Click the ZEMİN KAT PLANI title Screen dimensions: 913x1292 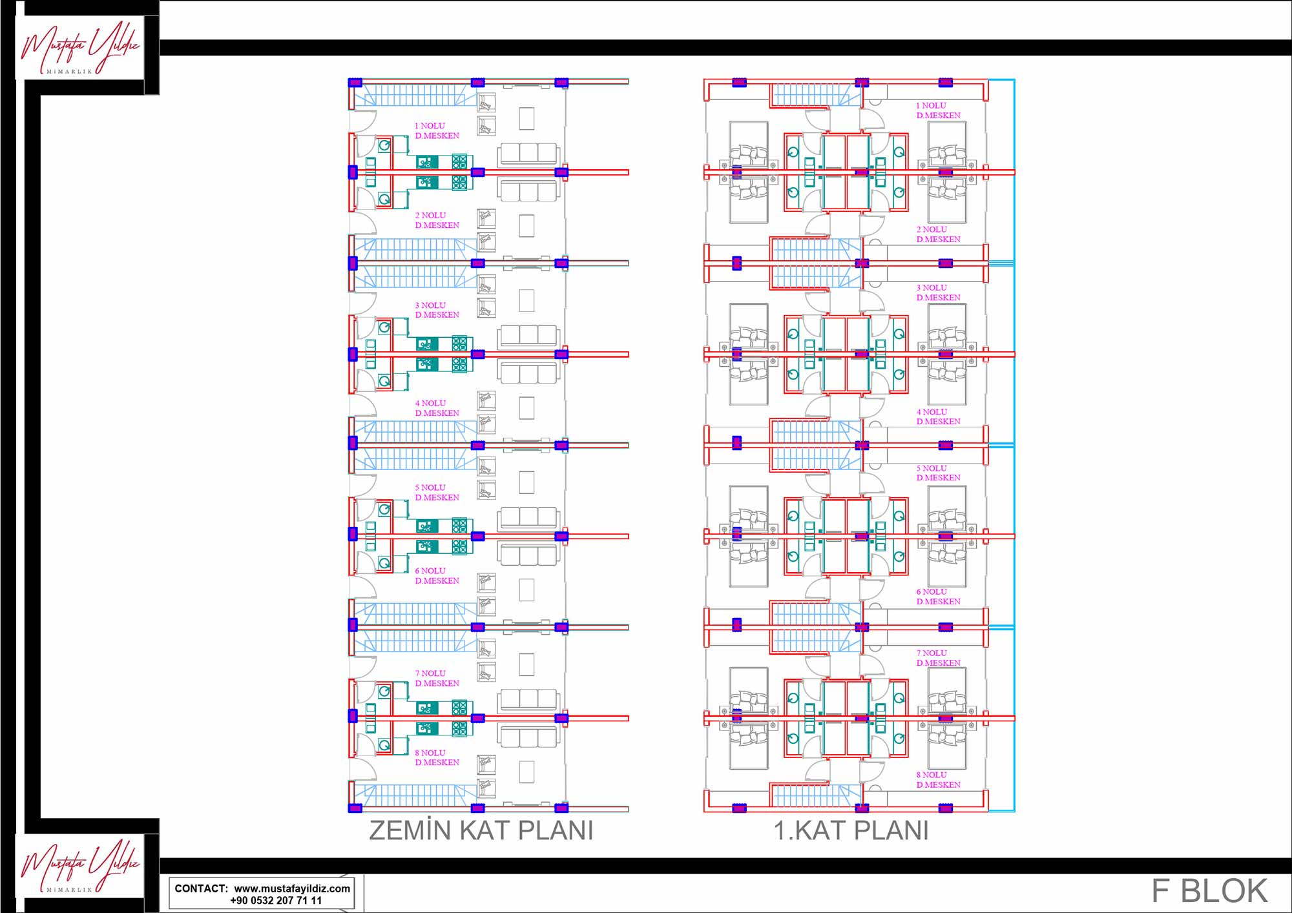[x=481, y=830]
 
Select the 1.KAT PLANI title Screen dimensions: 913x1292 [x=851, y=830]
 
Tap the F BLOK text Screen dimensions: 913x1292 [x=1209, y=891]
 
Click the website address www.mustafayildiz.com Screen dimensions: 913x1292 [x=292, y=888]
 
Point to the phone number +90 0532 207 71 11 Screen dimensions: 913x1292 [x=276, y=900]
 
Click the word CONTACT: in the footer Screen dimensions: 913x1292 [x=201, y=888]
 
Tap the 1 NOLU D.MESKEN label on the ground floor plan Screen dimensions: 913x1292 [x=437, y=130]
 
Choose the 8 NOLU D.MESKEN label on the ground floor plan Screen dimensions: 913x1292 [x=437, y=757]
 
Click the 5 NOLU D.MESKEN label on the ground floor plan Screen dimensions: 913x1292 [x=437, y=492]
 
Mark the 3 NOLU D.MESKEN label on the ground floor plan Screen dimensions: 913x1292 [x=437, y=310]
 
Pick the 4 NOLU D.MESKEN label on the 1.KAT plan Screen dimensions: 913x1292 [x=938, y=416]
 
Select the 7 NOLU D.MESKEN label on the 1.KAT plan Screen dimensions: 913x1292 [x=938, y=658]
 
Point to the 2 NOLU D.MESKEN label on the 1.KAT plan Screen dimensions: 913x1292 [x=938, y=234]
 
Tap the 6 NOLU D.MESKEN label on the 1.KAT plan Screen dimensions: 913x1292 [x=938, y=597]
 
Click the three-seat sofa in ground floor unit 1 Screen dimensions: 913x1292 [x=528, y=154]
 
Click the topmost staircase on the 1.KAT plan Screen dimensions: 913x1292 [x=815, y=95]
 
